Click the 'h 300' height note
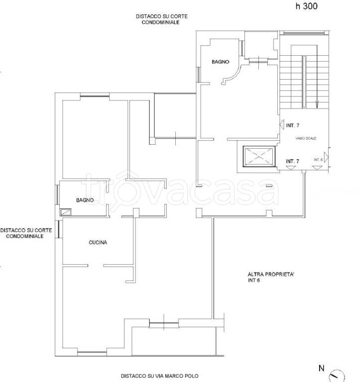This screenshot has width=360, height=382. pos(307,6)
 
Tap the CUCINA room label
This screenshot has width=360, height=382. pos(98,242)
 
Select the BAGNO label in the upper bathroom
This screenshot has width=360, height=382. pos(221,62)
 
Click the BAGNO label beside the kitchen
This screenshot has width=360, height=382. pos(85,200)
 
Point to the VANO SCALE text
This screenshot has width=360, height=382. pos(306,138)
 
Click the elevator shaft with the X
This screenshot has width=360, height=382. pos(259,156)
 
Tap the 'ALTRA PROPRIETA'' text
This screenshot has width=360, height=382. pos(271,275)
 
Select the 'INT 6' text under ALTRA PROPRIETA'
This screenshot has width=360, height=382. pos(254,281)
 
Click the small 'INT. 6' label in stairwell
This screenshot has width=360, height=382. pos(318,160)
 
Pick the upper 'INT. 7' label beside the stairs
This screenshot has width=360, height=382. pos(293,125)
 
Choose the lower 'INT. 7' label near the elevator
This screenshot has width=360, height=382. pos(292,161)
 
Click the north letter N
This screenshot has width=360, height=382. pos(322,368)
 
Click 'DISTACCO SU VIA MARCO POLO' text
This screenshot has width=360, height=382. pos(160,376)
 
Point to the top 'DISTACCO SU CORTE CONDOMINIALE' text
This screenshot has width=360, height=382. pos(161,19)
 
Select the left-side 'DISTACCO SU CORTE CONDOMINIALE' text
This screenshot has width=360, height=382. pos(26,233)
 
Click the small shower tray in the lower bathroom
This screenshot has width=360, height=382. pos(66,212)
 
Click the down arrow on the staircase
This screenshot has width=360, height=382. pos(317,104)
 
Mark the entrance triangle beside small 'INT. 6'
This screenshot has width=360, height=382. pos(326,157)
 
